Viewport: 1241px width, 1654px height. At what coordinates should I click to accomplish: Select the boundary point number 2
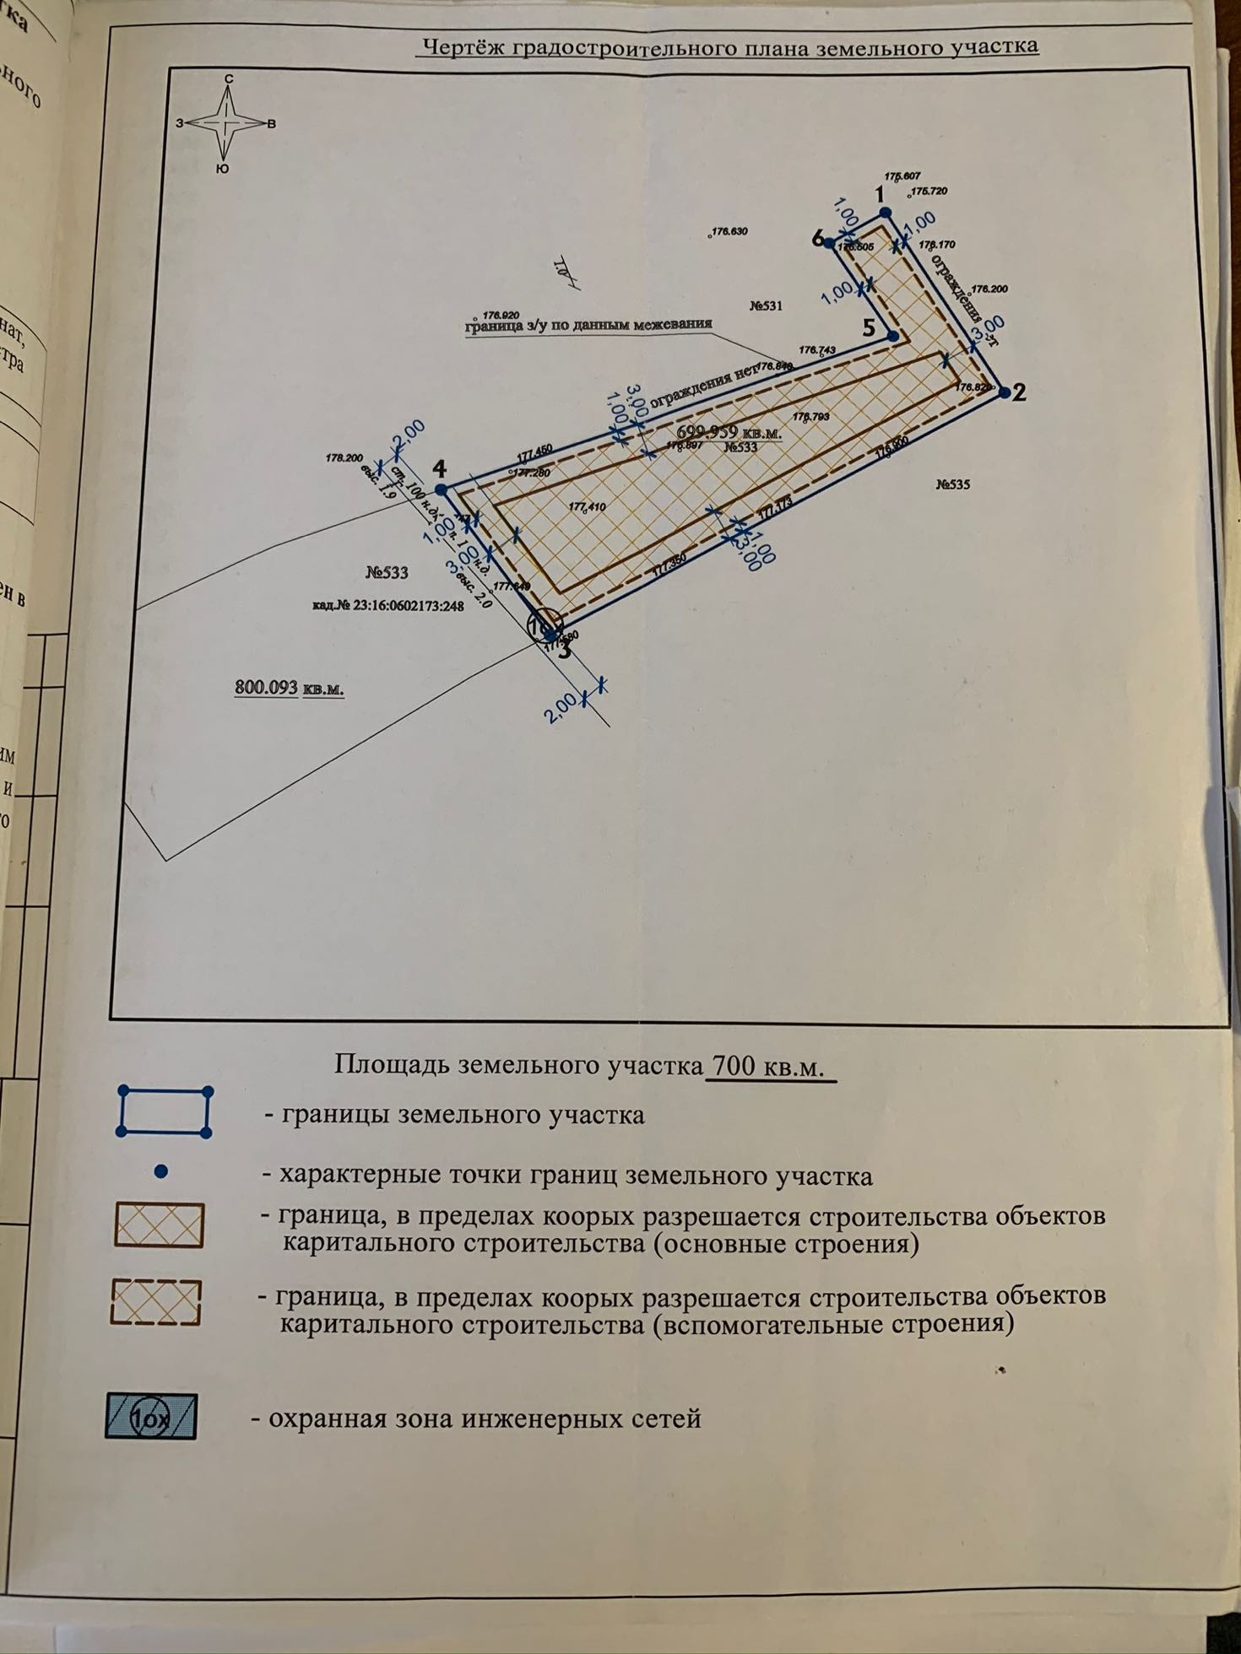click(x=1004, y=392)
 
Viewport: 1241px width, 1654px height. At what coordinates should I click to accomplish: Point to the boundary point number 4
click(x=440, y=489)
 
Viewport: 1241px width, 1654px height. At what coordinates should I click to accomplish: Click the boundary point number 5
click(x=892, y=337)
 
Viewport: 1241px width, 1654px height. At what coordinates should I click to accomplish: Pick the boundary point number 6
click(x=829, y=243)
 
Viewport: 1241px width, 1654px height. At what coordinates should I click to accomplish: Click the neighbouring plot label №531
click(x=766, y=305)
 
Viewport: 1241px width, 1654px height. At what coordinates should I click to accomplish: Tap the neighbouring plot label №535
click(x=953, y=484)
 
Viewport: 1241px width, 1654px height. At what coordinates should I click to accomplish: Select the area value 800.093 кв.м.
click(x=289, y=688)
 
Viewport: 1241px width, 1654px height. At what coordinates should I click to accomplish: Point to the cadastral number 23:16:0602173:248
click(x=388, y=605)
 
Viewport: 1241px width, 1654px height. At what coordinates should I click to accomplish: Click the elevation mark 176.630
click(x=730, y=231)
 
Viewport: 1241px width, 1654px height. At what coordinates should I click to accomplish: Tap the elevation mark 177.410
click(x=588, y=506)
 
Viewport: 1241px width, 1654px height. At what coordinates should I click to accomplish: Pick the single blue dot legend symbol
click(x=162, y=1172)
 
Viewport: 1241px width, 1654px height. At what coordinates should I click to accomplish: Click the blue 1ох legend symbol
click(x=151, y=1417)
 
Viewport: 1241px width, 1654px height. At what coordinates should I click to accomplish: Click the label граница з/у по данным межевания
click(x=588, y=326)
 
